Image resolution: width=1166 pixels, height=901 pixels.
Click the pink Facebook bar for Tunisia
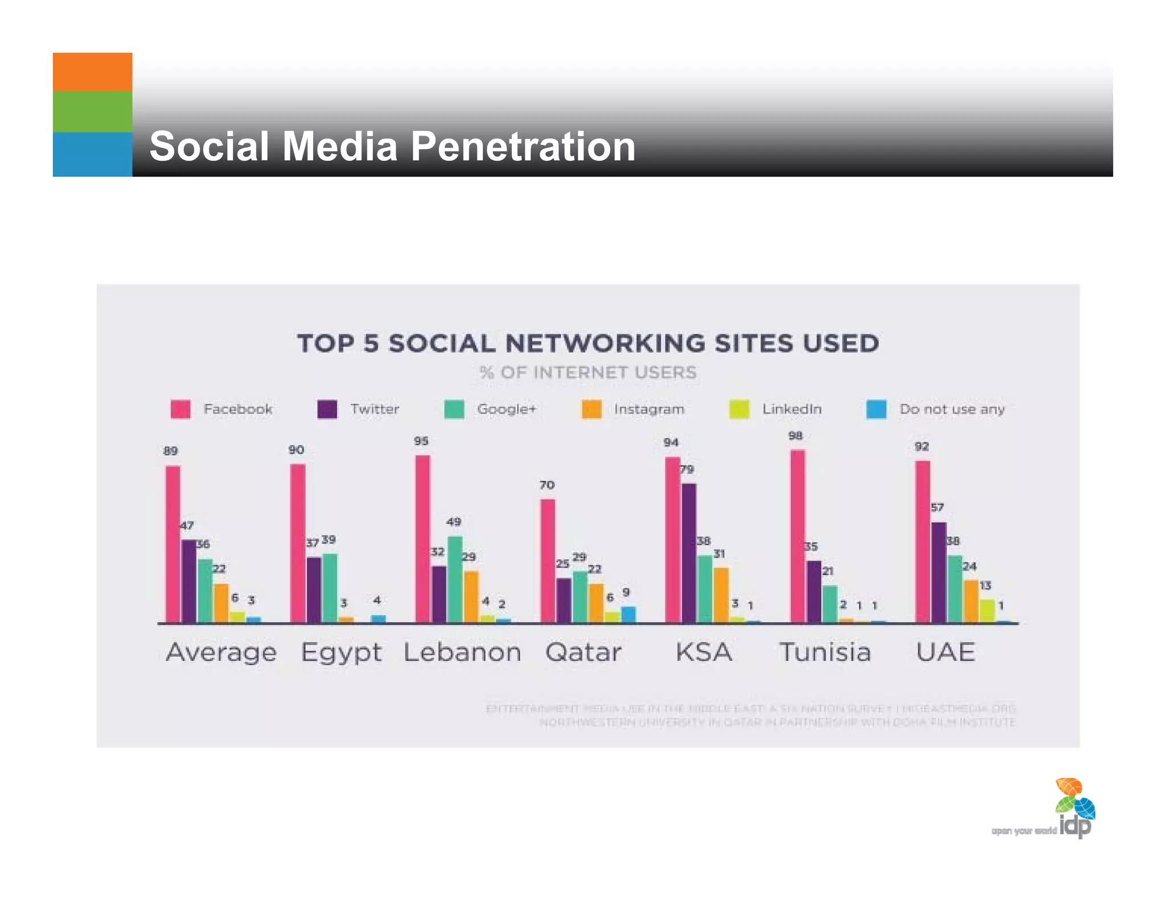pos(798,535)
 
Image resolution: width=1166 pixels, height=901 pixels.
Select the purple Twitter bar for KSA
pos(689,552)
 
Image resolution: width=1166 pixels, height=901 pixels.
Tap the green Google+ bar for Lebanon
pos(455,579)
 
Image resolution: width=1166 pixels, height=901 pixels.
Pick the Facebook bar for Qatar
pos(548,560)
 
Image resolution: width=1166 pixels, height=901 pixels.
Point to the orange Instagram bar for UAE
pos(971,601)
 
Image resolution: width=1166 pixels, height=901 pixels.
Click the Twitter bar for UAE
pos(939,572)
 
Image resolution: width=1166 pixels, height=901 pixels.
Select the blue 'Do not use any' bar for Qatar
pos(629,615)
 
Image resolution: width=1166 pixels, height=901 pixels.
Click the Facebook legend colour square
pos(180,409)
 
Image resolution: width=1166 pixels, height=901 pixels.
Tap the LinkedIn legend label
pos(791,409)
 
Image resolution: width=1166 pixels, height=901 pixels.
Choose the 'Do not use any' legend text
pos(952,409)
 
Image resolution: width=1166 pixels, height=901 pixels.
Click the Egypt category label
pos(341,653)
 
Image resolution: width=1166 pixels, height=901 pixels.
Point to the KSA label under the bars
pos(704,652)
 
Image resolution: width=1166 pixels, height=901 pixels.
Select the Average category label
pos(221,653)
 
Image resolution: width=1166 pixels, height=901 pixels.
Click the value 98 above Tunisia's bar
pos(795,436)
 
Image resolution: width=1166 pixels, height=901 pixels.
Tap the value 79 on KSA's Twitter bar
pos(687,469)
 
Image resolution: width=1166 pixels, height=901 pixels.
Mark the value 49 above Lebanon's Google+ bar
pos(453,522)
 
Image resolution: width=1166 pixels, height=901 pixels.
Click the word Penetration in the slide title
pos(522,146)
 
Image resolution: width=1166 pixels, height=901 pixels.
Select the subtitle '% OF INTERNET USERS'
pos(588,372)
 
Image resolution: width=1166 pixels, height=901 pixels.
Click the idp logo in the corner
pos(1074,809)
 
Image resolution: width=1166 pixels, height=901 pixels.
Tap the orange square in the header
pos(92,72)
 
